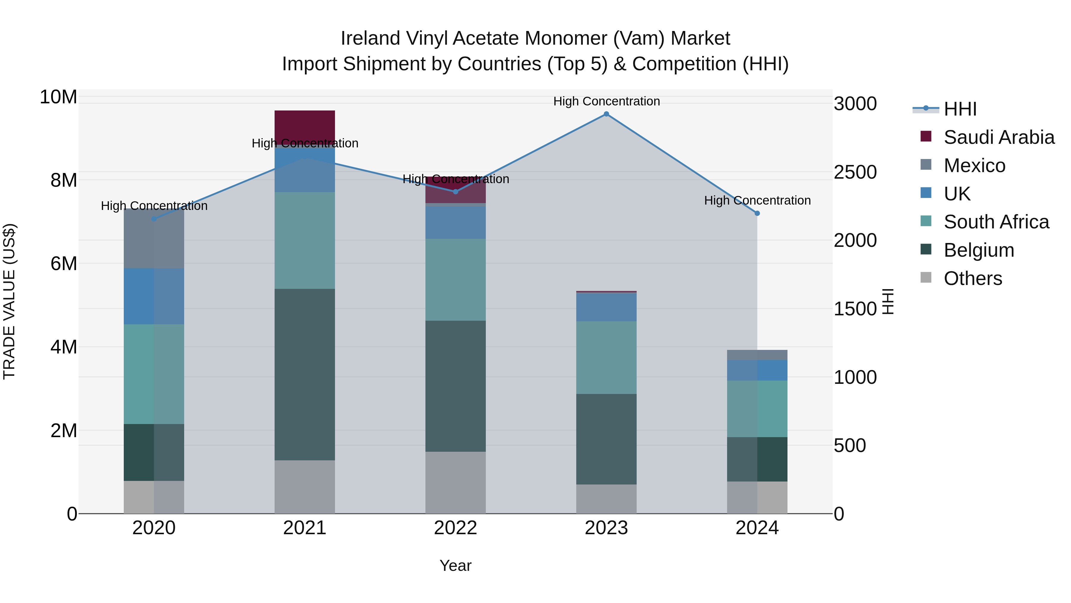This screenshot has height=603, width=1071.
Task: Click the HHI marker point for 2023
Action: (606, 114)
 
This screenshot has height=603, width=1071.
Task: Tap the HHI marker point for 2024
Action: (757, 214)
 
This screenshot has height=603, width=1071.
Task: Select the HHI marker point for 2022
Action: (455, 192)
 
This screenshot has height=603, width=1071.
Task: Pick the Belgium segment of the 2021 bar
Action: (305, 375)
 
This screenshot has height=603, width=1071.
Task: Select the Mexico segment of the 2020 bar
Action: (154, 239)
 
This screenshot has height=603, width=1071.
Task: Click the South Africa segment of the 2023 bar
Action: (606, 358)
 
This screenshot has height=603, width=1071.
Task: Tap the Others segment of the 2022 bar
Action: (455, 483)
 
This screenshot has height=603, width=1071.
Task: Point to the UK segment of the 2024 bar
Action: (757, 370)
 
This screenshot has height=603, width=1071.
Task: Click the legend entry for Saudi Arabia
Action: (999, 137)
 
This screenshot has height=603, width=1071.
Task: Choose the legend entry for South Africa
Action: (996, 222)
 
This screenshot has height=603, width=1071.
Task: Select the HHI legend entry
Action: (959, 109)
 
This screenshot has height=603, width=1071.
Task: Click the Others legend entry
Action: (973, 278)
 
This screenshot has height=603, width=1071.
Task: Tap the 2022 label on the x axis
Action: (455, 528)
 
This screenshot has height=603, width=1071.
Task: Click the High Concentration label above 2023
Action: (606, 101)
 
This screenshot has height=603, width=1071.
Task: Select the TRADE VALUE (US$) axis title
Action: (9, 301)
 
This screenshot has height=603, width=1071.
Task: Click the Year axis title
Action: (455, 565)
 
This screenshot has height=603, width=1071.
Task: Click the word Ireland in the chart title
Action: (370, 38)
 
